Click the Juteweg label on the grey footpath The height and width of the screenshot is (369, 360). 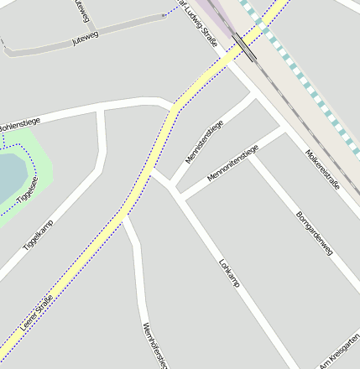[x=86, y=38]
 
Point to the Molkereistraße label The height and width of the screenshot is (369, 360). [x=323, y=169]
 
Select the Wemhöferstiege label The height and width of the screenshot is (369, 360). [x=156, y=344]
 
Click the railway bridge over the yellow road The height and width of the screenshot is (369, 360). [x=245, y=47]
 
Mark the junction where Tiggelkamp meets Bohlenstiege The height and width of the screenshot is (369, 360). [x=101, y=110]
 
